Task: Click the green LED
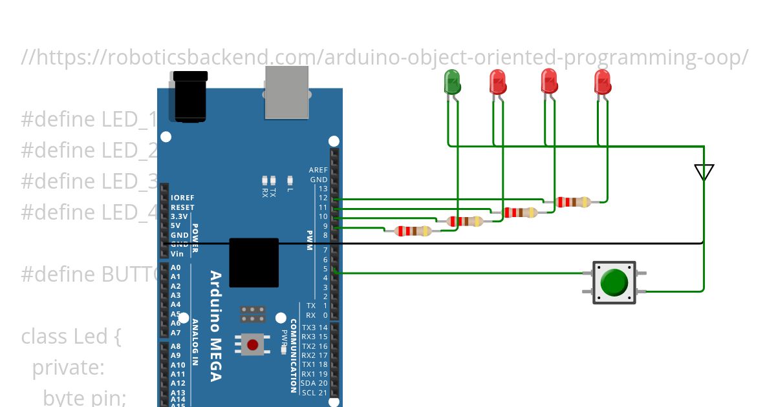pos(452,82)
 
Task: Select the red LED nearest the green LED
pos(497,82)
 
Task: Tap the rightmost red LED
pos(602,82)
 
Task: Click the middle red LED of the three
pos(549,81)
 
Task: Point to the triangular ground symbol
pos(704,172)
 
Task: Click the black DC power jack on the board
pos(189,97)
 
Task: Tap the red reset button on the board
pos(253,344)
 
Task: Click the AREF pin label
pos(318,171)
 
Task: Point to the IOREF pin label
pos(182,198)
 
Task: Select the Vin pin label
pos(177,254)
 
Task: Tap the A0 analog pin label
pos(175,267)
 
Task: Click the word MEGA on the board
pos(215,359)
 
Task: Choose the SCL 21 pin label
pos(315,392)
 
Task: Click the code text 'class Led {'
pos(71,337)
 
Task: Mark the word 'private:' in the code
pos(68,368)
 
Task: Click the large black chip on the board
pos(254,262)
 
